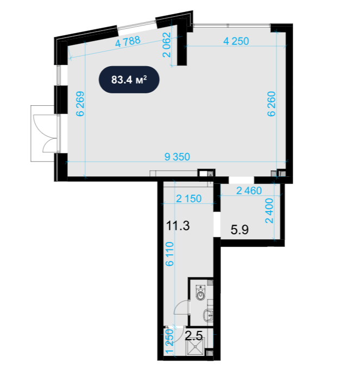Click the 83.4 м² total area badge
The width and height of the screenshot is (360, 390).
[x=129, y=80]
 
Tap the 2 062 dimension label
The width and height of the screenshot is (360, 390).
[x=167, y=45]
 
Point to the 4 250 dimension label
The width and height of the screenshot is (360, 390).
[x=236, y=41]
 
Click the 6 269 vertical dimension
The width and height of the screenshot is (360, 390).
[x=80, y=104]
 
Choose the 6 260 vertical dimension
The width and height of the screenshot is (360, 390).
[x=271, y=104]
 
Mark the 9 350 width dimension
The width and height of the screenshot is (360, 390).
[x=177, y=157]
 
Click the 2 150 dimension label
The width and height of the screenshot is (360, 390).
[x=189, y=199]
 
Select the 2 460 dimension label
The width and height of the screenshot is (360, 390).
[x=249, y=191]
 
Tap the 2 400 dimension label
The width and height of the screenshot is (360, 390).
[x=269, y=210]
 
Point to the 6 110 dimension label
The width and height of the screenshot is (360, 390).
[x=170, y=254]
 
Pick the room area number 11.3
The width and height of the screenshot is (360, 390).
[x=178, y=226]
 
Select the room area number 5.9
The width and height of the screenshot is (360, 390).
[x=239, y=229]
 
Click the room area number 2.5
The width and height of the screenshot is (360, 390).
[x=194, y=336]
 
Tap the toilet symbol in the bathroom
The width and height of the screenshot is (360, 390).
[x=200, y=293]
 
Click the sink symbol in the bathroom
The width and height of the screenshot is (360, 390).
[x=209, y=315]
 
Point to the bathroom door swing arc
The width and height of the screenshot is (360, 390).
[x=181, y=308]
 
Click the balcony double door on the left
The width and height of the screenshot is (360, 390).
[x=47, y=133]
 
